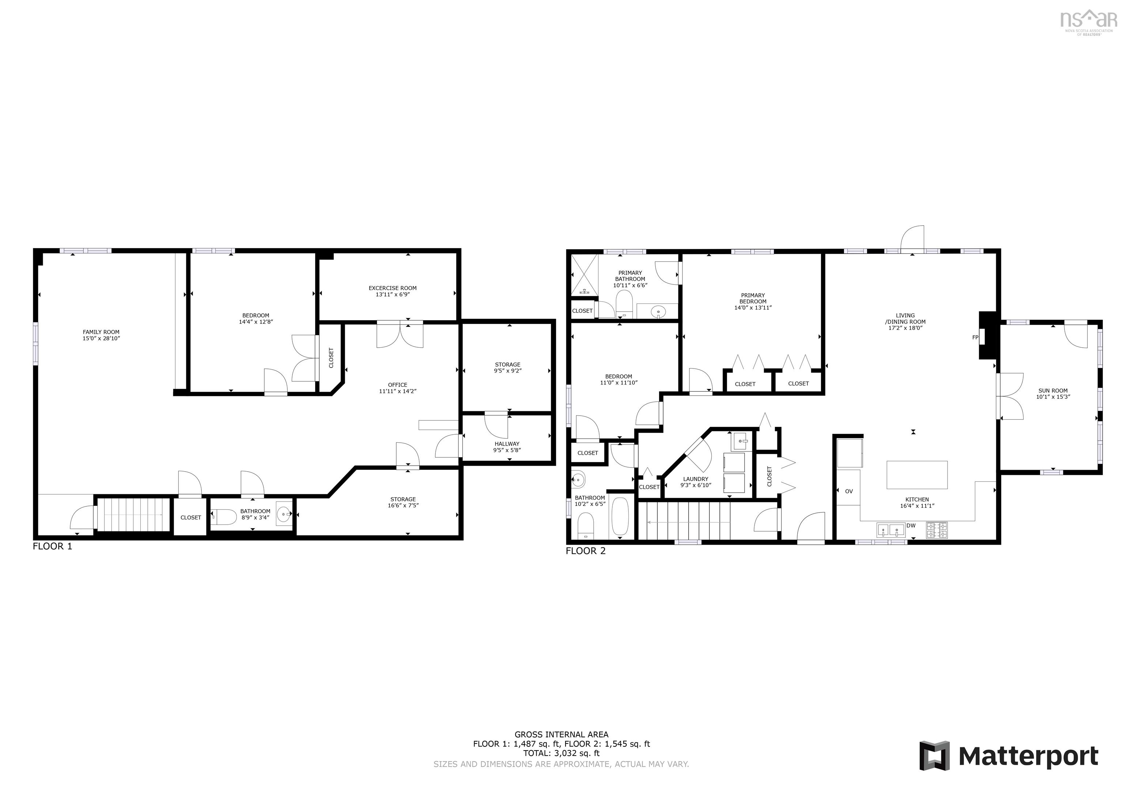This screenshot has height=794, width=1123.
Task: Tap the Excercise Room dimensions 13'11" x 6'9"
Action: pyautogui.click(x=392, y=295)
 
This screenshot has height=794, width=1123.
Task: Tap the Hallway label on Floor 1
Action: pyautogui.click(x=507, y=444)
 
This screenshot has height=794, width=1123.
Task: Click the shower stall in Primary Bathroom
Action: pyautogui.click(x=585, y=275)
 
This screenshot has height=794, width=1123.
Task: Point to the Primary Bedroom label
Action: pyautogui.click(x=753, y=298)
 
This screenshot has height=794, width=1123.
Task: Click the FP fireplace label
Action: pyautogui.click(x=975, y=337)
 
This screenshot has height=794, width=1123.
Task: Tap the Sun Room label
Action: pyautogui.click(x=1052, y=391)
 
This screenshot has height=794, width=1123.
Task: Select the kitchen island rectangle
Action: pyautogui.click(x=916, y=474)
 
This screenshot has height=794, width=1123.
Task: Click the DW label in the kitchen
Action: pyautogui.click(x=911, y=525)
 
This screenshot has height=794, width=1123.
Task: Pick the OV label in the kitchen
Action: pyautogui.click(x=848, y=491)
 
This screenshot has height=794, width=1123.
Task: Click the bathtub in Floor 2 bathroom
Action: pyautogui.click(x=620, y=517)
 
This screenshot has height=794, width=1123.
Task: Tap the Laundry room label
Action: pyautogui.click(x=696, y=479)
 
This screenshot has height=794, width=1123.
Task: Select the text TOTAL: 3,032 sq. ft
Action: pyautogui.click(x=561, y=753)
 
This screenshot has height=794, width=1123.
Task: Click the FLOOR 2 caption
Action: pyautogui.click(x=586, y=551)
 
